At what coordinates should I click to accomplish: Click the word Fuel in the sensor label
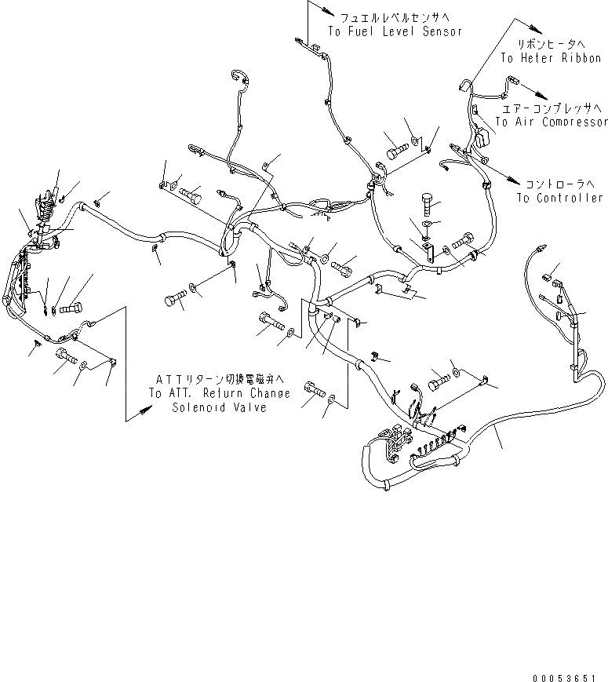point(363,31)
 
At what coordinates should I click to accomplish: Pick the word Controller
point(568,198)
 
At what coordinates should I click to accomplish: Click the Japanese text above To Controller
point(559,183)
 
